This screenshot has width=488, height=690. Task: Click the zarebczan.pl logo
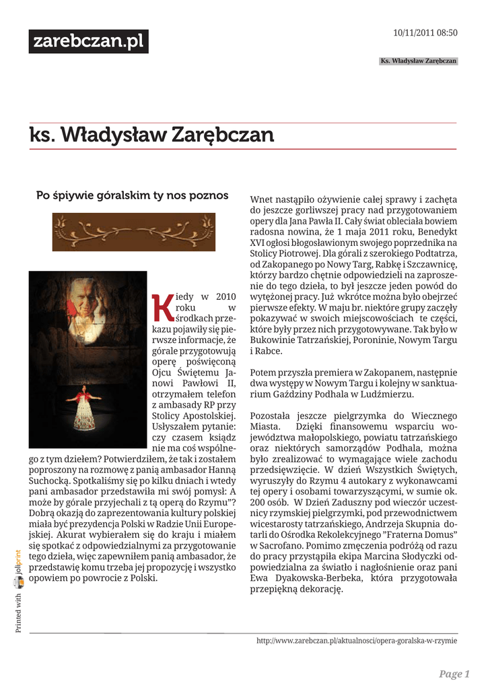[88, 42]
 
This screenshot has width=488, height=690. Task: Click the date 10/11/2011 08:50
[425, 33]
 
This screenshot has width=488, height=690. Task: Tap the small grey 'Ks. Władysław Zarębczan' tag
[418, 61]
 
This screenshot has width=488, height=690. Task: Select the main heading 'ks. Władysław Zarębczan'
[151, 135]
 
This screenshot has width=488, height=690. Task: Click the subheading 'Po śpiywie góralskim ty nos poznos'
[132, 195]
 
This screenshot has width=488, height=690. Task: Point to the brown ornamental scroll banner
[135, 232]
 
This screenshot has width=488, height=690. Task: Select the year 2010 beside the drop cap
[225, 296]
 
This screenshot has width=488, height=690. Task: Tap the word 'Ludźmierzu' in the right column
[390, 394]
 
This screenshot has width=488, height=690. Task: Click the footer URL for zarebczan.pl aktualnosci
[357, 641]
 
